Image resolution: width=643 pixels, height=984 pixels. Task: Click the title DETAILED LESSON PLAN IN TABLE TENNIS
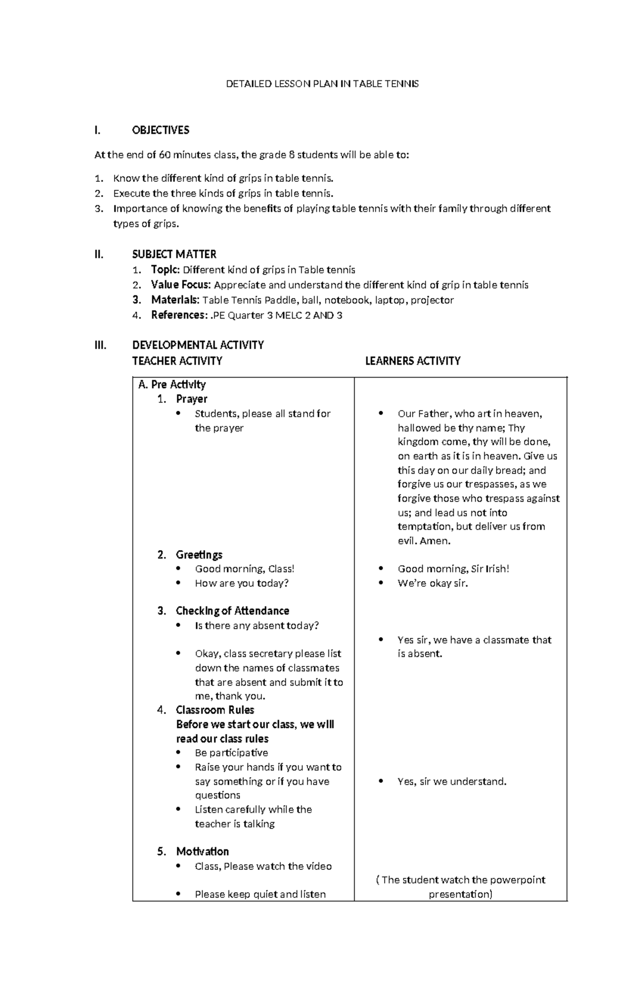tap(322, 84)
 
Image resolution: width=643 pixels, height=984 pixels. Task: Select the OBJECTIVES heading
tap(160, 130)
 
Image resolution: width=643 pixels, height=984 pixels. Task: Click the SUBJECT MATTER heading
tap(174, 254)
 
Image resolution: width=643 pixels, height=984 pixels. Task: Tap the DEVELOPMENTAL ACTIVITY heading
tap(198, 345)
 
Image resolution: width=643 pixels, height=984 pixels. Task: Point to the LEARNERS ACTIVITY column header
tap(413, 361)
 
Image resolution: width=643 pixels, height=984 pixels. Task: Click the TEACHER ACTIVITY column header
tap(177, 361)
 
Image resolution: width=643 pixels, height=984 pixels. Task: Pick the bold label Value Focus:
tap(181, 285)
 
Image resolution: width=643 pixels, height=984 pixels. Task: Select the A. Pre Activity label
tap(171, 384)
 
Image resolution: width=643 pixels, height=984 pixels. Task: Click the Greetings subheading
tap(199, 554)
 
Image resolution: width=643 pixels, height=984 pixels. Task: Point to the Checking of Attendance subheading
tap(232, 611)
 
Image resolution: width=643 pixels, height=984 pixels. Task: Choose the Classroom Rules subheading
tap(215, 710)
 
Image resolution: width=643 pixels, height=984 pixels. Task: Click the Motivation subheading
tap(202, 852)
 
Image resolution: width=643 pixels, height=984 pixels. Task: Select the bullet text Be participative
tap(231, 753)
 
